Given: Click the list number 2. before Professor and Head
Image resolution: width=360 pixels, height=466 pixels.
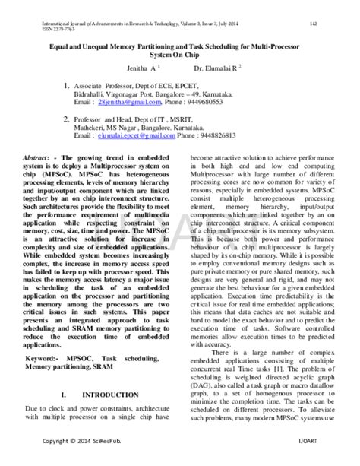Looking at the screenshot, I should pyautogui.click(x=68, y=119).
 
